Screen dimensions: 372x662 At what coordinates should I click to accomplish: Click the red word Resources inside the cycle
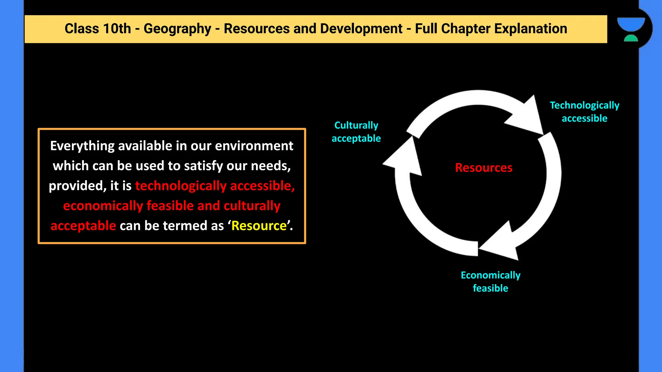484,168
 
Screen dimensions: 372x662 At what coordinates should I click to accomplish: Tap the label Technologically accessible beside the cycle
584,112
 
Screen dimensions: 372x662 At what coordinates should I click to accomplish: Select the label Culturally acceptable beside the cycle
356,132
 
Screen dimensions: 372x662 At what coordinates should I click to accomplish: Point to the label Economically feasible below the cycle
490,282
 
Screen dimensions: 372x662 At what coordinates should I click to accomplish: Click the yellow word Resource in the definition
259,226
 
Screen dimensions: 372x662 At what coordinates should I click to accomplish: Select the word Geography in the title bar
177,29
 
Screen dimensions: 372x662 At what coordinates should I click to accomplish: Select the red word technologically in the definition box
181,186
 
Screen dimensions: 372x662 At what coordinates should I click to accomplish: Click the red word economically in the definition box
103,206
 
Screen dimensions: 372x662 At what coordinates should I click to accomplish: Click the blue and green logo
631,29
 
